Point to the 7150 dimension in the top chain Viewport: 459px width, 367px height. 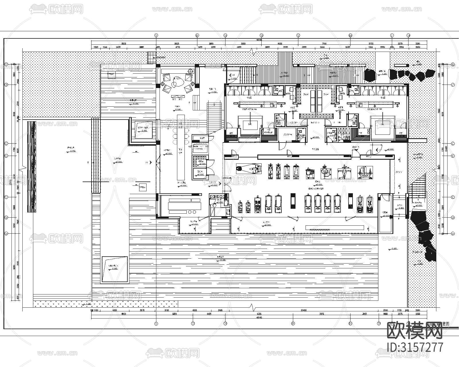[x=324, y=44]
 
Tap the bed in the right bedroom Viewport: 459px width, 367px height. [x=382, y=124]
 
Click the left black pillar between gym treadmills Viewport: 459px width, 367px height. [x=293, y=201]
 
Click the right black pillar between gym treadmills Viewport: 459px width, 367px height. [x=350, y=201]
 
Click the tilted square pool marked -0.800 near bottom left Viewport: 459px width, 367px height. [x=114, y=269]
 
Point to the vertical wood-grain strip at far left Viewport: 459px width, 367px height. [x=32, y=166]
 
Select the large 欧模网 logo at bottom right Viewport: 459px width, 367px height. [x=415, y=331]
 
